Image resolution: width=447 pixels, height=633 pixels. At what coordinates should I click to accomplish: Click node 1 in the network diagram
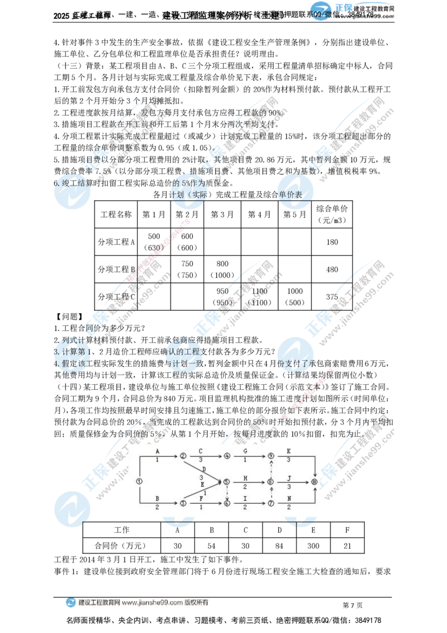(139, 480)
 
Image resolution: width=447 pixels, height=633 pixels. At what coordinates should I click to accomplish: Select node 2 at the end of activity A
(183, 456)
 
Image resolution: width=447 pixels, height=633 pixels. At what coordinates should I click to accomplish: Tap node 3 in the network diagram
(183, 503)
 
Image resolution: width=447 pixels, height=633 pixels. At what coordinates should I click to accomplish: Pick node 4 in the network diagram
(226, 456)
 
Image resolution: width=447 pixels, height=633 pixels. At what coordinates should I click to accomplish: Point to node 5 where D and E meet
(226, 480)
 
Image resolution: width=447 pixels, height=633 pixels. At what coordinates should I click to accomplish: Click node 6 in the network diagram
(226, 503)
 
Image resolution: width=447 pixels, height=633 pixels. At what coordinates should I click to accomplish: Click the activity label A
(158, 450)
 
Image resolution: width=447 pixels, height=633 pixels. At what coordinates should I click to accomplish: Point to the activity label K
(288, 450)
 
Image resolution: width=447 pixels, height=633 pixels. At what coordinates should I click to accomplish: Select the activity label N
(288, 498)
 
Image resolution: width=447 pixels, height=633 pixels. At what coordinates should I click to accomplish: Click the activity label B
(158, 498)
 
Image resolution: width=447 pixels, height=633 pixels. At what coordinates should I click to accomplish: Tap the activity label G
(245, 450)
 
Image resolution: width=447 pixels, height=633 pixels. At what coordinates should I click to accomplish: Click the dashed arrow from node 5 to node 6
(226, 492)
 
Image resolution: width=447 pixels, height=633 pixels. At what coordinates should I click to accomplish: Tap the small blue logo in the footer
(71, 602)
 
